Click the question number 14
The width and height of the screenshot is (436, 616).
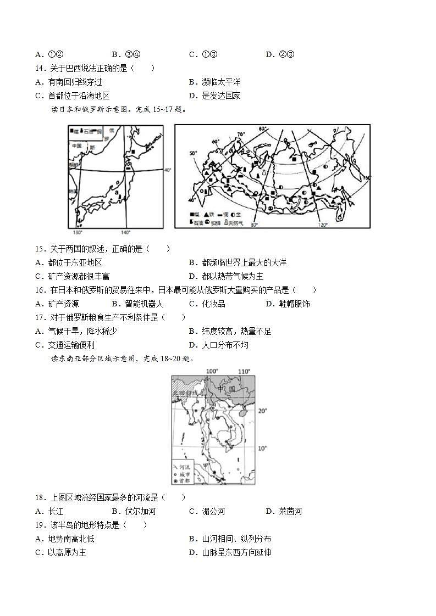point(40,68)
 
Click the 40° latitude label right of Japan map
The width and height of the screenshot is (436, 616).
point(168,170)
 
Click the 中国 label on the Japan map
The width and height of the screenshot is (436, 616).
point(76,146)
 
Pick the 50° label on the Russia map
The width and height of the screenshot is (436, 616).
point(193,153)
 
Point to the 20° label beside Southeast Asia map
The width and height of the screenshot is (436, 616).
point(262,411)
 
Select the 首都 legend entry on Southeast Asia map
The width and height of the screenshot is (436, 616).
point(183,480)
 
